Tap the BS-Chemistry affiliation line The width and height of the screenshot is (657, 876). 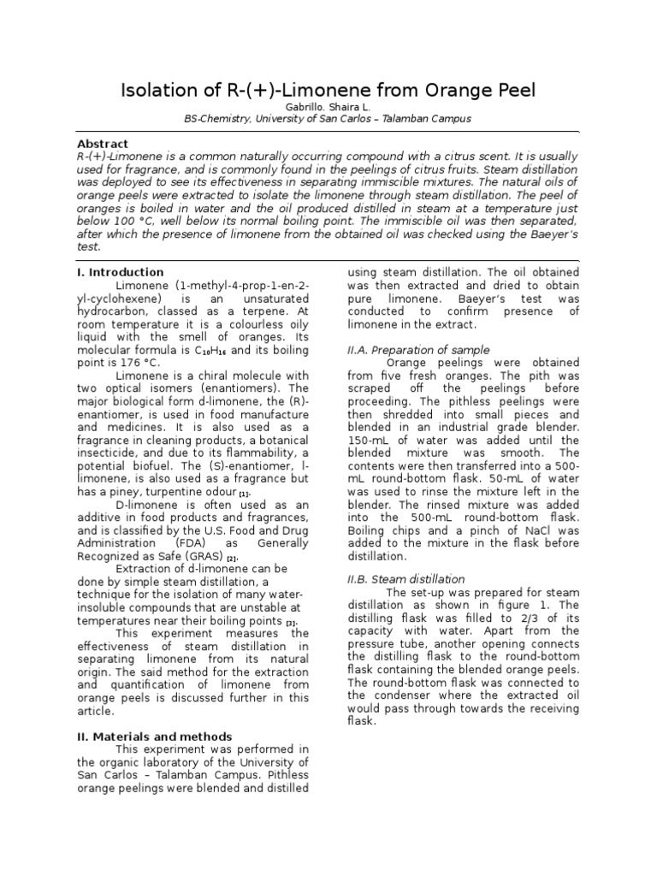point(328,119)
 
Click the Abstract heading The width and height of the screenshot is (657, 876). point(103,145)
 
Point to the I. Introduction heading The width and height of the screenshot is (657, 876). point(115,272)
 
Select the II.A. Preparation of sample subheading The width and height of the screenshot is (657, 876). point(418,350)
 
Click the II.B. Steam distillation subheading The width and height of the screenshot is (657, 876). point(405,579)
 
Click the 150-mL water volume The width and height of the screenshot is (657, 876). point(367,441)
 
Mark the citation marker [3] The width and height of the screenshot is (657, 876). point(291,622)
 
